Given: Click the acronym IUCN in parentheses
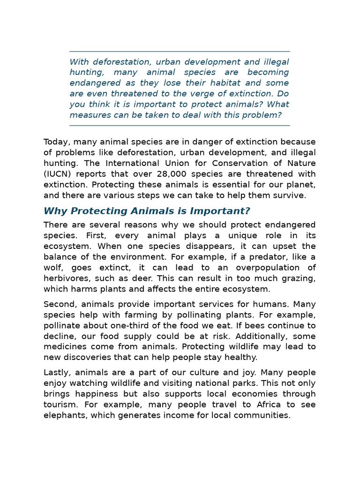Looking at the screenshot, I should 58,174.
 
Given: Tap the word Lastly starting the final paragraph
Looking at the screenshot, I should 56,373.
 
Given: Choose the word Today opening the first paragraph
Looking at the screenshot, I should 56,142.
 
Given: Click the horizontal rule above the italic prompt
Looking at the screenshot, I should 180,51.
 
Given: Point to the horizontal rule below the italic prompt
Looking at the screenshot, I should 180,126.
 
